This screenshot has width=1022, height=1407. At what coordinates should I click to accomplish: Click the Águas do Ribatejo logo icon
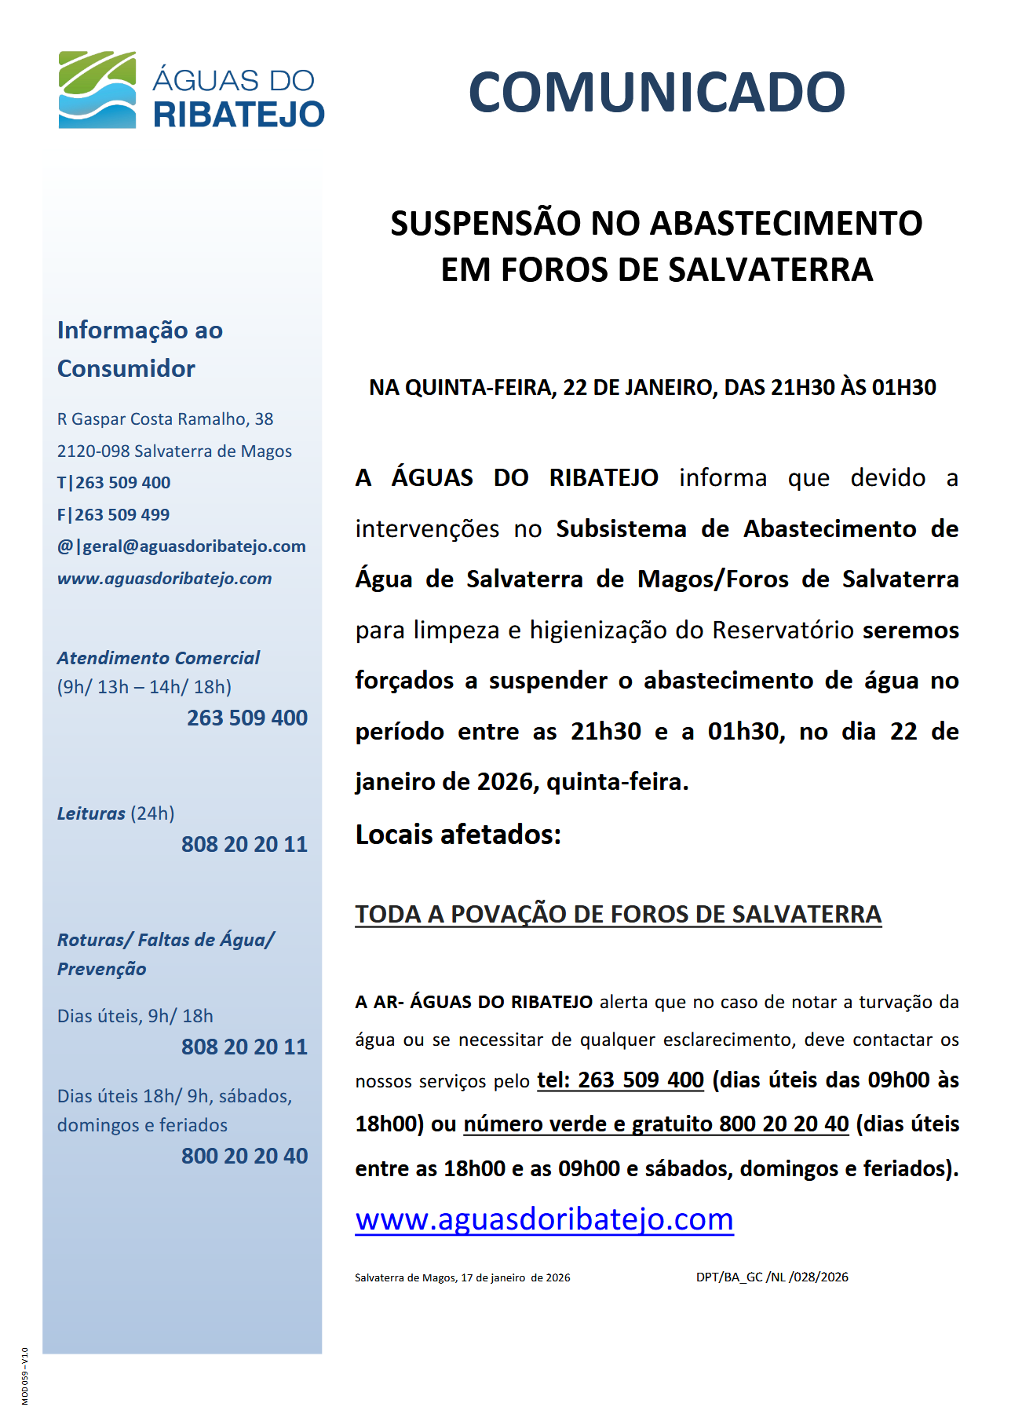click(x=97, y=90)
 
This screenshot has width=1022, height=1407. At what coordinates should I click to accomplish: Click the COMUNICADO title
click(x=656, y=93)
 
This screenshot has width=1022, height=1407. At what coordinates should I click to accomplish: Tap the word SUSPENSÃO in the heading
click(x=486, y=224)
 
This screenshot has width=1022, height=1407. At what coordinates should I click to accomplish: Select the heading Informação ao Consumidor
click(x=140, y=349)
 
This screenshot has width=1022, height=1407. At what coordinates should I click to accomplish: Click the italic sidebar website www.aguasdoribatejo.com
click(x=164, y=579)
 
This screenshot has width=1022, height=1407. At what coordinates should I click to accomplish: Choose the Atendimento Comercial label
click(x=158, y=658)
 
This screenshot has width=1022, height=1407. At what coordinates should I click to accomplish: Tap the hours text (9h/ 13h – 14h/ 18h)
click(x=144, y=687)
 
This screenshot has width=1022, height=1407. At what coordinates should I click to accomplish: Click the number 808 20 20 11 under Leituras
click(x=244, y=844)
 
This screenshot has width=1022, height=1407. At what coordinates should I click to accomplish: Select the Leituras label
click(x=91, y=813)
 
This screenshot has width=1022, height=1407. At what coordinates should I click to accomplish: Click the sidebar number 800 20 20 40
click(x=244, y=1156)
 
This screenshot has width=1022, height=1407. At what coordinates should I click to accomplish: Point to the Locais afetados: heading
click(x=458, y=834)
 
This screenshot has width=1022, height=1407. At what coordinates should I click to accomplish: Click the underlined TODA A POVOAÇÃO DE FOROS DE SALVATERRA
click(x=618, y=914)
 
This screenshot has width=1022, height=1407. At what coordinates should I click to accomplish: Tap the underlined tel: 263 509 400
click(x=620, y=1080)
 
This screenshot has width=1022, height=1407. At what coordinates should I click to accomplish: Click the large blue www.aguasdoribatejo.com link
click(x=544, y=1219)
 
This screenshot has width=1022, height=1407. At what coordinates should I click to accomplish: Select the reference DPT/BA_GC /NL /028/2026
click(x=772, y=1277)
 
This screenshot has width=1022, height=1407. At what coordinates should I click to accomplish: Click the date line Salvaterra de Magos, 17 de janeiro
click(x=462, y=1278)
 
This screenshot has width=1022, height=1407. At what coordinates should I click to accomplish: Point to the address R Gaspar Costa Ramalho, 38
click(x=165, y=419)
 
